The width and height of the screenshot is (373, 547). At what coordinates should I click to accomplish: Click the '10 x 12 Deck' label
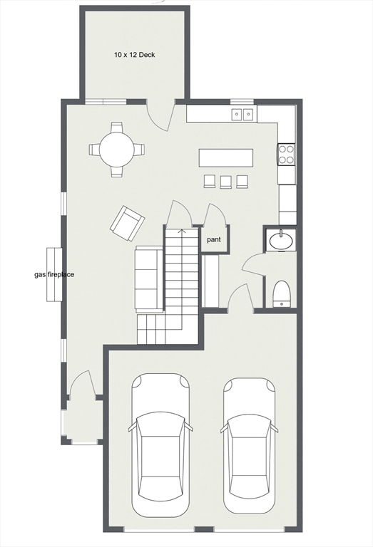click(134, 54)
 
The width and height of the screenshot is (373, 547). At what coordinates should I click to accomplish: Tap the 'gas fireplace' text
click(55, 275)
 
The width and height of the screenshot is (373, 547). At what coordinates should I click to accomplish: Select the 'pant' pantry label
click(214, 240)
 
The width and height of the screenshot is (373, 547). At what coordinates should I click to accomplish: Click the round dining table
click(116, 150)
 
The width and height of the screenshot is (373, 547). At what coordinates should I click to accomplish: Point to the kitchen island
click(226, 157)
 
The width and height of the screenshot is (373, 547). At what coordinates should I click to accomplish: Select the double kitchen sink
click(242, 113)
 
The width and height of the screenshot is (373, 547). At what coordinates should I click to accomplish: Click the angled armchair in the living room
click(127, 222)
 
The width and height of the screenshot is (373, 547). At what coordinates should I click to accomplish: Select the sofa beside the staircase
click(149, 278)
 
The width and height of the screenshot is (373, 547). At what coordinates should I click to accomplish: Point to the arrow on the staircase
click(181, 231)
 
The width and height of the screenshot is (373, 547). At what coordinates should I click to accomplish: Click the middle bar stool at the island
click(225, 181)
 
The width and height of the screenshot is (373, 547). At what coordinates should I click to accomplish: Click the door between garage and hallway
click(239, 298)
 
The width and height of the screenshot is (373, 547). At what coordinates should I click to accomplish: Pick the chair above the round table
click(116, 127)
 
